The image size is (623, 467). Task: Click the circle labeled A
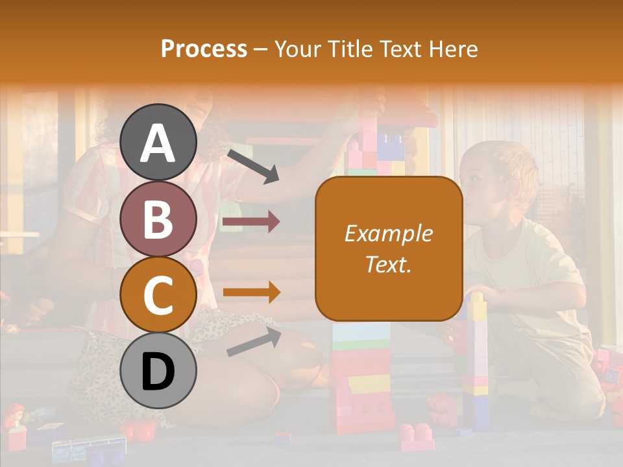pos(158,142)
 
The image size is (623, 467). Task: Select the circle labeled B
pos(158,219)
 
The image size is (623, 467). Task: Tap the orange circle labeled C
pos(158,295)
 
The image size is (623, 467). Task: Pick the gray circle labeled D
pos(158,370)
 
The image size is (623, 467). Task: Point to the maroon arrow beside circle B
pos(251,222)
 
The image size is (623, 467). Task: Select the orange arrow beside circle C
pos(251,293)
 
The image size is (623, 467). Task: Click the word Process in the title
pos(204,49)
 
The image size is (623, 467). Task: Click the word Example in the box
pos(388,233)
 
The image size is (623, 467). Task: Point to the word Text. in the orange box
pos(388,264)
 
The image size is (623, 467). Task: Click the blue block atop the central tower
pos(391,145)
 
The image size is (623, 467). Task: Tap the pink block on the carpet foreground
pos(415,435)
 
